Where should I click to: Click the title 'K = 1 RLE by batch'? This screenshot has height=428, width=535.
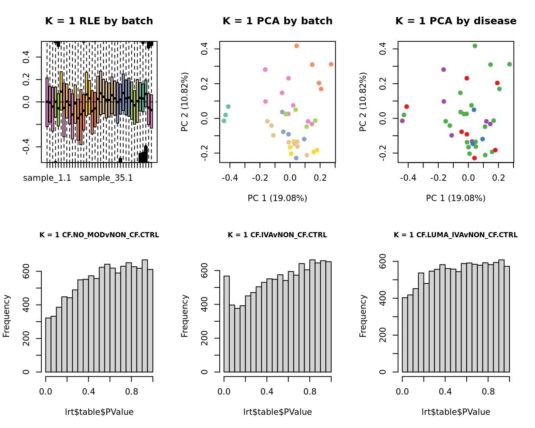pos(99,21)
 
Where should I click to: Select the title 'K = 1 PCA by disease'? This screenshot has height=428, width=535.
pos(456,21)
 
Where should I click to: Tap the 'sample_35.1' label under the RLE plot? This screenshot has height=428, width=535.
pos(106,178)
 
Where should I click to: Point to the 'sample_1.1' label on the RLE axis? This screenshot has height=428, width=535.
pos(47,178)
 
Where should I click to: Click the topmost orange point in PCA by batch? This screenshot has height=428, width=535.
pos(297,46)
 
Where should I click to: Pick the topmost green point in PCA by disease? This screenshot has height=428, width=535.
pos(475,46)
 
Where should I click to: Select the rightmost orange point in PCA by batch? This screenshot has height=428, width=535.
pos(331,64)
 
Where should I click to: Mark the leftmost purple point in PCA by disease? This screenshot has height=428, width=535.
pos(402,121)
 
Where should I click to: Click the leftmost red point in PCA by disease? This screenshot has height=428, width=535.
pos(406,107)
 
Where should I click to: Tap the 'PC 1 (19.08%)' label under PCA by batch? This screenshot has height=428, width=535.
pos(277,198)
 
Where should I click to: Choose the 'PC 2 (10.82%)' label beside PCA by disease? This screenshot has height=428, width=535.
pos(363,102)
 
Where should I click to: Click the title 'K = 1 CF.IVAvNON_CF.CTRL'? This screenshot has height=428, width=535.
pos(277,235)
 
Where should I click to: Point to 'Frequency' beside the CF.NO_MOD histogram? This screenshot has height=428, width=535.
pos(6,316)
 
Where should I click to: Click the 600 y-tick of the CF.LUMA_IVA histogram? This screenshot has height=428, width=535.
pos(383,261)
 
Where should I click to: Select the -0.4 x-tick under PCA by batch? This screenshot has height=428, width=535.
pos(230,178)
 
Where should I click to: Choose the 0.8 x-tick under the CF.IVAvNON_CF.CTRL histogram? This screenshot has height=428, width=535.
pos(310,392)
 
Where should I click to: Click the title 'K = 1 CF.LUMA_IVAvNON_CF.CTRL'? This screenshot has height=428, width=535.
pos(456,235)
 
